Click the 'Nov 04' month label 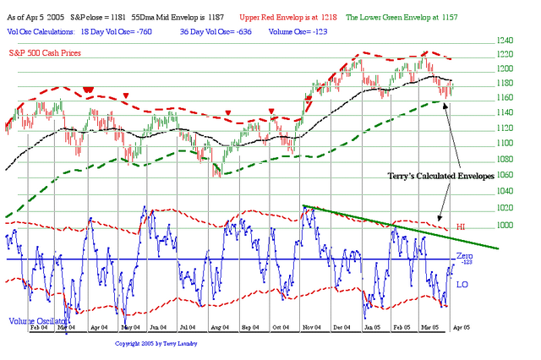(310, 325)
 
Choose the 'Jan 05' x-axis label (371, 325)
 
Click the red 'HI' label (462, 227)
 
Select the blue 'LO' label (462, 285)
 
